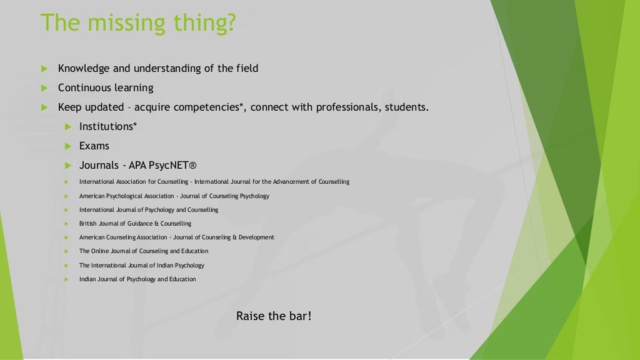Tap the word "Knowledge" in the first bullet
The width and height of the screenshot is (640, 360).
tap(84, 68)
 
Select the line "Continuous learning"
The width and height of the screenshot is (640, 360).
tap(106, 87)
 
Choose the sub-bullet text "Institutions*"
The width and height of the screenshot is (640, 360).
tap(108, 126)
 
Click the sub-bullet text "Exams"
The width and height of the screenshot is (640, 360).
tap(94, 146)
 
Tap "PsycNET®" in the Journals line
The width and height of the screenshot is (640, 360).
tap(172, 166)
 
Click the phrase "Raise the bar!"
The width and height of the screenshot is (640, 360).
tap(274, 316)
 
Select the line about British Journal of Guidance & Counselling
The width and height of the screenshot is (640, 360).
tap(135, 224)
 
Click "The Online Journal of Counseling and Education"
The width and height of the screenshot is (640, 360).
tap(144, 251)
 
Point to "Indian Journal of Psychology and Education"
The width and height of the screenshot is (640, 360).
tap(137, 279)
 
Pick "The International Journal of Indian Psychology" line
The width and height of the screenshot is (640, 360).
tap(142, 265)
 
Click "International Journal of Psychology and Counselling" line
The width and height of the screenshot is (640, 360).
tap(149, 210)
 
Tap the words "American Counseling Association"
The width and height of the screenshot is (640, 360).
tap(123, 237)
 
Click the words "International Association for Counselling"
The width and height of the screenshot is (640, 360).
tap(134, 182)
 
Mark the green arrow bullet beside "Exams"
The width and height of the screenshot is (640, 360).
tap(68, 146)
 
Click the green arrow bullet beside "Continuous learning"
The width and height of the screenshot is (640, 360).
tap(45, 87)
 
